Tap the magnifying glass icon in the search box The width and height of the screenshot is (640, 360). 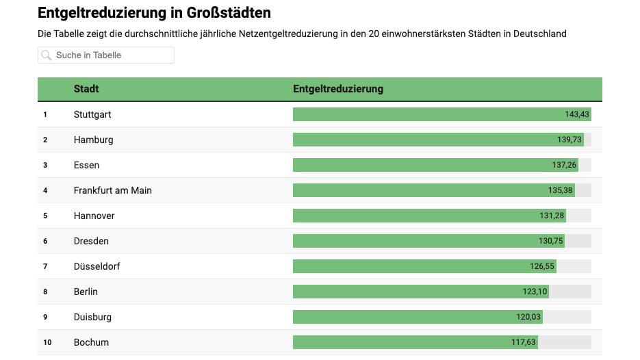click(x=47, y=55)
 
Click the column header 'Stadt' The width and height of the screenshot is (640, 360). click(x=86, y=89)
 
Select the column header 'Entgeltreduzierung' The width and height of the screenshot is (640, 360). click(x=338, y=89)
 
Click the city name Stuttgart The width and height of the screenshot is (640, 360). click(x=92, y=114)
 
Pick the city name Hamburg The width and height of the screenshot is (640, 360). click(x=93, y=140)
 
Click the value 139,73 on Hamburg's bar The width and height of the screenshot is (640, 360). click(x=569, y=140)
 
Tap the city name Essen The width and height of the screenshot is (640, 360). click(x=86, y=165)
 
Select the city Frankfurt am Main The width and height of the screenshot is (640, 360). click(x=113, y=190)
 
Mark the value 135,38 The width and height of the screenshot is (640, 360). click(x=561, y=190)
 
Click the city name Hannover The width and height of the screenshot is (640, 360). click(x=94, y=216)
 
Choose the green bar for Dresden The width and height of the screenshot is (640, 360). click(x=411, y=241)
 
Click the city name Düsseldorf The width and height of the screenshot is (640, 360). click(x=97, y=266)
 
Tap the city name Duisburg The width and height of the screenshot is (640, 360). click(x=92, y=317)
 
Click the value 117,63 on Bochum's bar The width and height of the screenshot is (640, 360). click(x=524, y=342)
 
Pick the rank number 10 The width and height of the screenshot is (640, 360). click(x=47, y=342)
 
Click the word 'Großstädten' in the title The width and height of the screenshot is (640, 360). click(x=229, y=13)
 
